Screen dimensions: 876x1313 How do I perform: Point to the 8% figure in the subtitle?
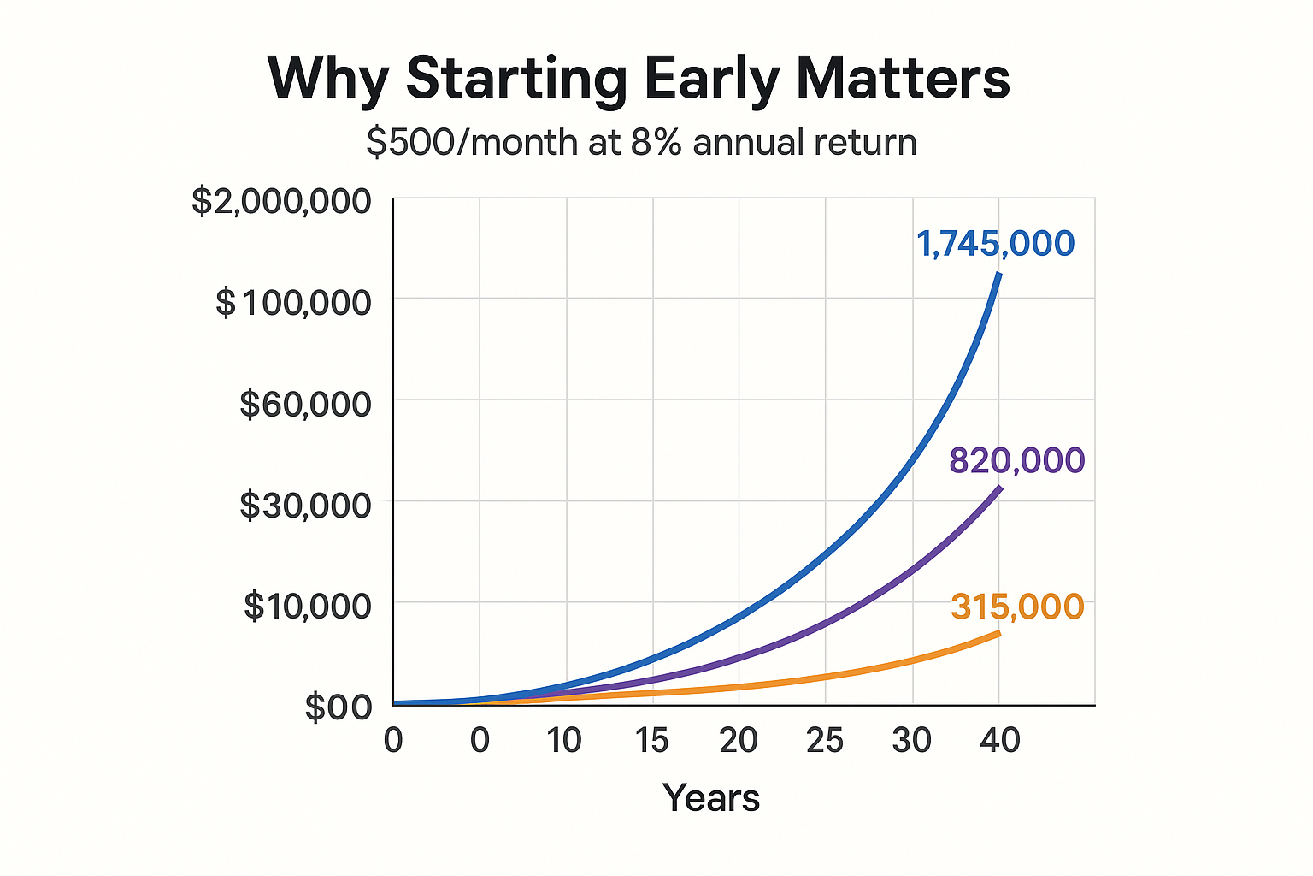(x=656, y=142)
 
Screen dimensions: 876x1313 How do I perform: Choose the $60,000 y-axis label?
(x=305, y=404)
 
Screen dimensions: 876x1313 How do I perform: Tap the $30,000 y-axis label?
(x=305, y=506)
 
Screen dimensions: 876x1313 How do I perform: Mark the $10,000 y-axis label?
(x=307, y=607)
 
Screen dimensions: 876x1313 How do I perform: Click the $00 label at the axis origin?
(x=339, y=708)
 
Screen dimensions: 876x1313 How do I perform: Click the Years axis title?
(x=711, y=798)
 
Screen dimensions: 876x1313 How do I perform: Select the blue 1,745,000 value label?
(x=995, y=244)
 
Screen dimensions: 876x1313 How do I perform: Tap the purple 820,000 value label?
(x=1016, y=461)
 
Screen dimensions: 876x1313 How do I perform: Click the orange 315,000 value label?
(x=1016, y=607)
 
